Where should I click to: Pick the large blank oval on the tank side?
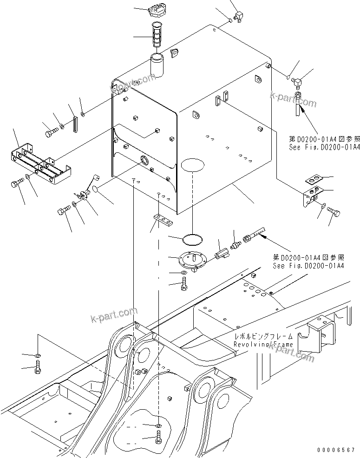coord(192,164)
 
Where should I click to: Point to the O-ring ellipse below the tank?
coord(192,239)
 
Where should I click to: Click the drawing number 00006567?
coord(336,450)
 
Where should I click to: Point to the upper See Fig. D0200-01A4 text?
coord(325,147)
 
